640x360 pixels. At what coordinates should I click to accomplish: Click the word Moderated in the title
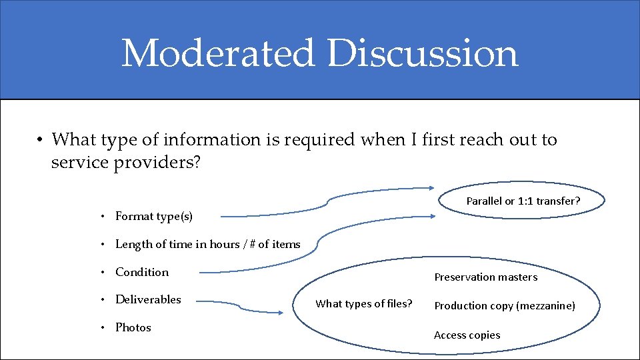click(x=217, y=53)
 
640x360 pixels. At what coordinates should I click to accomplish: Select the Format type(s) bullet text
click(x=154, y=216)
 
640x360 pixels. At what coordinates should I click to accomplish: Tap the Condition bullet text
click(x=142, y=272)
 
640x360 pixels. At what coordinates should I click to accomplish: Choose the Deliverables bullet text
click(x=148, y=299)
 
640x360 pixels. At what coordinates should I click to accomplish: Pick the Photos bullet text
click(x=133, y=327)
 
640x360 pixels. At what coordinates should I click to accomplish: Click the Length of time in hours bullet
click(x=207, y=244)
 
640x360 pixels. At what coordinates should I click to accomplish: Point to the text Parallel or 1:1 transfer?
click(x=523, y=201)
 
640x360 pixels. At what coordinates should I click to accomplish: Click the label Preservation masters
click(x=485, y=277)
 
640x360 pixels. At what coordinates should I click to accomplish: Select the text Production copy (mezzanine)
click(x=505, y=305)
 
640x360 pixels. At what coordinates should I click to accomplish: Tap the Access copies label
click(x=467, y=335)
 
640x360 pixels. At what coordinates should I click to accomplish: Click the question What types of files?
click(x=363, y=303)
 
